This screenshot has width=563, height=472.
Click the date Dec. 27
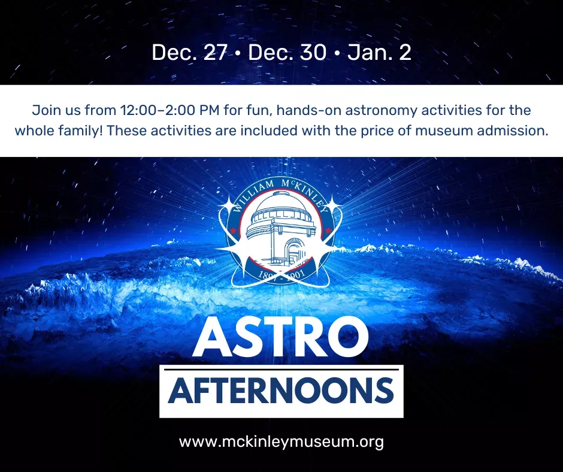tap(189, 53)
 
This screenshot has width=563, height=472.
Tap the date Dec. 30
tap(287, 53)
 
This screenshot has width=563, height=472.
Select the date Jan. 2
tap(379, 53)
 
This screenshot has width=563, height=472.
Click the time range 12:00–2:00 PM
tap(170, 110)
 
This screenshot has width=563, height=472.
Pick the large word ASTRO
tap(281, 337)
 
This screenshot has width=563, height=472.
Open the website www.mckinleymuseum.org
tap(281, 442)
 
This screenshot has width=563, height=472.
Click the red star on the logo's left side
tap(234, 229)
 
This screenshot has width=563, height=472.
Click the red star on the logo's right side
tap(328, 230)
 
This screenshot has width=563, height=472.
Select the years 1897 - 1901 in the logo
tap(281, 276)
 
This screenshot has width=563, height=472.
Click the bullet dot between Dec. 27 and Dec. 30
tap(237, 53)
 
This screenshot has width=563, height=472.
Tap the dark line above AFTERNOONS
tap(281, 369)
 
